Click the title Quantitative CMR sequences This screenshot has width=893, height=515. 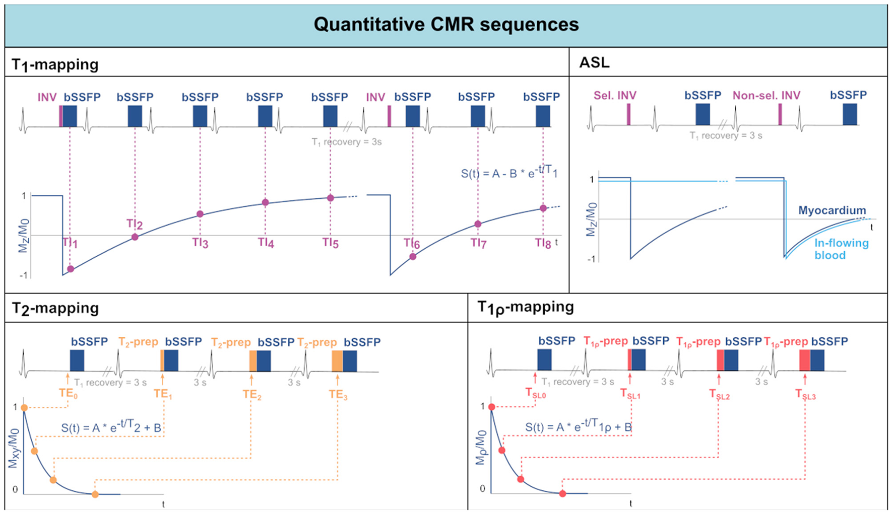click(x=446, y=25)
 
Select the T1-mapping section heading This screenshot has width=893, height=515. click(x=55, y=64)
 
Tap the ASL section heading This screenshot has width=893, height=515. click(x=594, y=62)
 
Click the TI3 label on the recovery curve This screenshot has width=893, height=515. click(x=200, y=243)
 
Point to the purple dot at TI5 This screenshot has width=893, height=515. click(x=331, y=198)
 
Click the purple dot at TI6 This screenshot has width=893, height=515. click(x=413, y=257)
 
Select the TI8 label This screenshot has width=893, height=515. click(x=543, y=244)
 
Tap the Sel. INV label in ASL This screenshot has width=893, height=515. click(x=615, y=96)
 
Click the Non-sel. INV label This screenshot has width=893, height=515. click(x=766, y=96)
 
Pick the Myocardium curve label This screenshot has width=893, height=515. click(x=832, y=210)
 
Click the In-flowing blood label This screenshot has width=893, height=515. click(x=841, y=249)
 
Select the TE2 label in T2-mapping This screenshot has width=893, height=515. click(x=252, y=394)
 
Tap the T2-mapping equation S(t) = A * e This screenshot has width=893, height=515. click(x=111, y=427)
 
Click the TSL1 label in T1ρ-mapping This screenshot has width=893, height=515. click(x=630, y=394)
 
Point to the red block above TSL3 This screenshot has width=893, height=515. click(x=804, y=360)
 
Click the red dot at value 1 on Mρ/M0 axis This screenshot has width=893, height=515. click(x=492, y=407)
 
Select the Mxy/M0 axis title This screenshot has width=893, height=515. click(x=14, y=448)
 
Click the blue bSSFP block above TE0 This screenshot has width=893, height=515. click(x=77, y=360)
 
